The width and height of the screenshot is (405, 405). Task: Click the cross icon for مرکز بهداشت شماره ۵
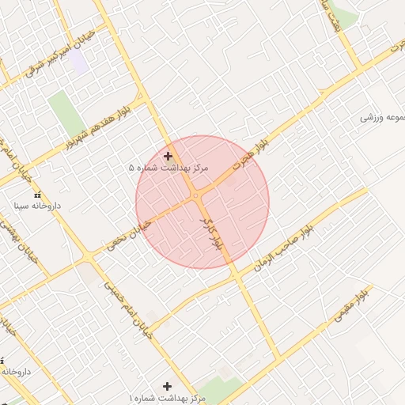click(x=168, y=156)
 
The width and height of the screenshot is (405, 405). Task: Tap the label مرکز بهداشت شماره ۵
click(x=168, y=168)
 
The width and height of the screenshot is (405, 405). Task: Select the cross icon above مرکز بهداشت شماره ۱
click(x=166, y=385)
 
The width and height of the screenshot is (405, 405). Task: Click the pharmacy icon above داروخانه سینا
click(x=37, y=195)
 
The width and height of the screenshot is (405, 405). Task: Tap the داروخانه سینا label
click(x=37, y=206)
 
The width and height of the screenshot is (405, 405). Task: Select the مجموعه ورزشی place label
click(x=381, y=117)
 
